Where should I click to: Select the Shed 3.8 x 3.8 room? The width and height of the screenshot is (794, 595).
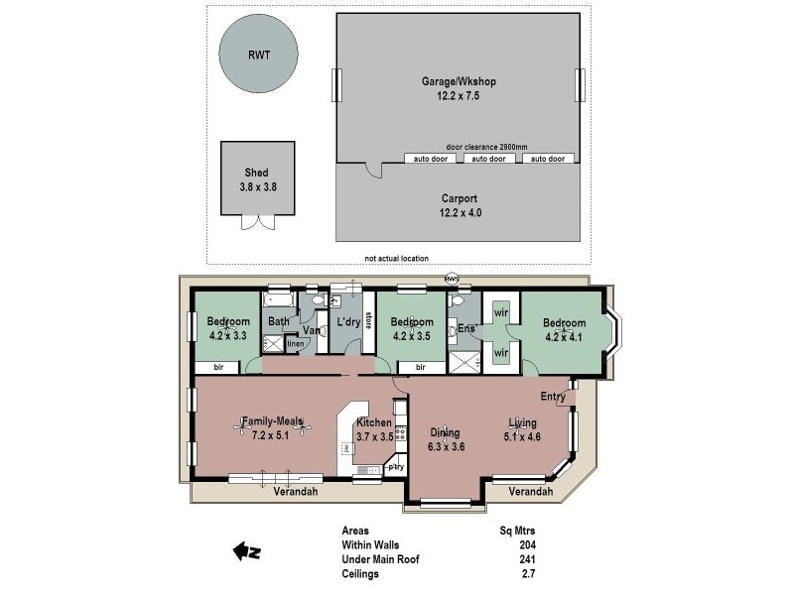tap(257, 178)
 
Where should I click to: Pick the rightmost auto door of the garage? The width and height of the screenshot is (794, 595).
tap(548, 158)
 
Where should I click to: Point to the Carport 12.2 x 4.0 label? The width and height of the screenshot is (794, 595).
tap(460, 203)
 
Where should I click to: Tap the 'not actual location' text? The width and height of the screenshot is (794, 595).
tap(396, 259)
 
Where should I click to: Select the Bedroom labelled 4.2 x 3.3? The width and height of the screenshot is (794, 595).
tap(227, 327)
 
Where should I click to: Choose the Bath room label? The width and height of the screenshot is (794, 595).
tap(278, 321)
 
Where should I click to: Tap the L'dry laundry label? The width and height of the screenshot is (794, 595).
tap(347, 322)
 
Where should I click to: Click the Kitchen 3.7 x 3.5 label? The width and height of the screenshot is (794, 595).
tap(374, 428)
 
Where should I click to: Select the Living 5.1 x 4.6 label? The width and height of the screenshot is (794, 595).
tap(522, 427)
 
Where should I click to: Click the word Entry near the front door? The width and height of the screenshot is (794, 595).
tap(553, 397)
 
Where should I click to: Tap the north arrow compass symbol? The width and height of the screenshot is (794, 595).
tap(245, 550)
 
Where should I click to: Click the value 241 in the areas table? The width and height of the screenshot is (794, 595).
tap(526, 559)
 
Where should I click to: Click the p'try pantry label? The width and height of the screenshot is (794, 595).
tap(396, 466)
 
